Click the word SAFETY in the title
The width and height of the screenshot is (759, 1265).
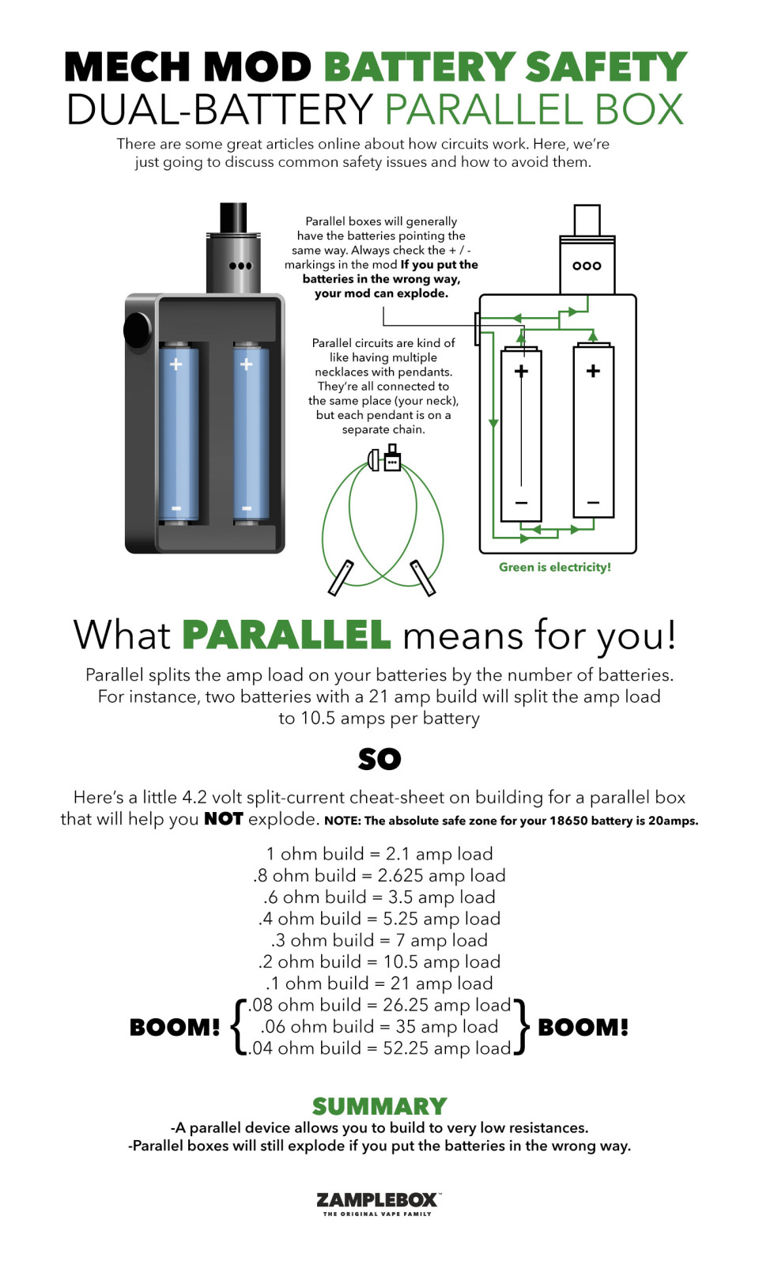tap(606, 67)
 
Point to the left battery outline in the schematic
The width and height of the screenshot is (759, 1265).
tap(521, 434)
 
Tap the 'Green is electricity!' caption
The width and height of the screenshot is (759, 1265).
tap(554, 567)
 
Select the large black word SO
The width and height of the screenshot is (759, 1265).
tap(379, 759)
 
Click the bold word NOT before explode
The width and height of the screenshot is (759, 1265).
tap(224, 819)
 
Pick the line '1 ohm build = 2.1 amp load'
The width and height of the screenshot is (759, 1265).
tap(379, 853)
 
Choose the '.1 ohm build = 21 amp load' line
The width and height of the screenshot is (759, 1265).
tap(379, 984)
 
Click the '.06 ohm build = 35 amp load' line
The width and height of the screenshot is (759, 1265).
tap(379, 1026)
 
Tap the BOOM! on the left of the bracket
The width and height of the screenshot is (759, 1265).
tap(175, 1028)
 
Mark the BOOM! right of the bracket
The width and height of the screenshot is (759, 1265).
tap(583, 1028)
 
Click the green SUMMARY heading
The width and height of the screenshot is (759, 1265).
tap(379, 1107)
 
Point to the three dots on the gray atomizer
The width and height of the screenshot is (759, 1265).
tap(240, 266)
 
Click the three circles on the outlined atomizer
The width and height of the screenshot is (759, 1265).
tap(587, 266)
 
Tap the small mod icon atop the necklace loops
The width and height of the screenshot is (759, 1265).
tap(392, 459)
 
